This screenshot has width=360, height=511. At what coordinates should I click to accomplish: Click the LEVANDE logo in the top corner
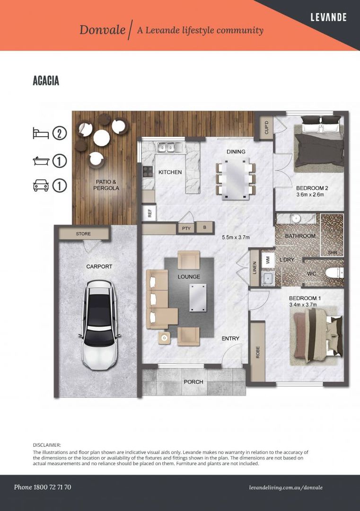pyautogui.click(x=328, y=17)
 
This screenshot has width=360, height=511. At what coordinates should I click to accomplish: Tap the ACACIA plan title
pyautogui.click(x=46, y=80)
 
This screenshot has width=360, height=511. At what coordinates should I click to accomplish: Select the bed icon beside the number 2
pyautogui.click(x=41, y=133)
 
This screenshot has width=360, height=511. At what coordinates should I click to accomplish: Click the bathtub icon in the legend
pyautogui.click(x=41, y=161)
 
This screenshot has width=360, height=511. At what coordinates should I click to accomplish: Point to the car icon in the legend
pyautogui.click(x=41, y=185)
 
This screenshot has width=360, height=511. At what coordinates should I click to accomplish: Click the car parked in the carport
pyautogui.click(x=99, y=325)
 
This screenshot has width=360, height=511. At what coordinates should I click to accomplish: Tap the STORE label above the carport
pyautogui.click(x=83, y=234)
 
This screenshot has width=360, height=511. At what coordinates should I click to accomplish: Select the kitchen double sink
pyautogui.click(x=166, y=148)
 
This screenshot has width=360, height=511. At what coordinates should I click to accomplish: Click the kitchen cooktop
pyautogui.click(x=148, y=171)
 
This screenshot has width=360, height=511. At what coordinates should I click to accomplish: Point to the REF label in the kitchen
pyautogui.click(x=150, y=213)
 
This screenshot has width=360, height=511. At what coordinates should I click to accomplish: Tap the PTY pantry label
pyautogui.click(x=186, y=228)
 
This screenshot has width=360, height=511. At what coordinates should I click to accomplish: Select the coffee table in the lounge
pyautogui.click(x=198, y=297)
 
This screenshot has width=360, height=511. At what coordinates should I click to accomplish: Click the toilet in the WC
pyautogui.click(x=334, y=273)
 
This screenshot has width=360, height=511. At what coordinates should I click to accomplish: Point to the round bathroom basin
pyautogui.click(x=296, y=219)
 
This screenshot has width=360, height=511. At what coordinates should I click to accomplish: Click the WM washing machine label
pyautogui.click(x=268, y=260)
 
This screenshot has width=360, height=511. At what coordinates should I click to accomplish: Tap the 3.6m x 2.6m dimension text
pyautogui.click(x=310, y=194)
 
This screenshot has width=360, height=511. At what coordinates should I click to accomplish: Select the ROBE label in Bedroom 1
pyautogui.click(x=258, y=352)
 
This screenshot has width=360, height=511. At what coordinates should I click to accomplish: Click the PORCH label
pyautogui.click(x=193, y=382)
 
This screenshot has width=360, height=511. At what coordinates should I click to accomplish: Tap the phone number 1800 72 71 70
pyautogui.click(x=52, y=487)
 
